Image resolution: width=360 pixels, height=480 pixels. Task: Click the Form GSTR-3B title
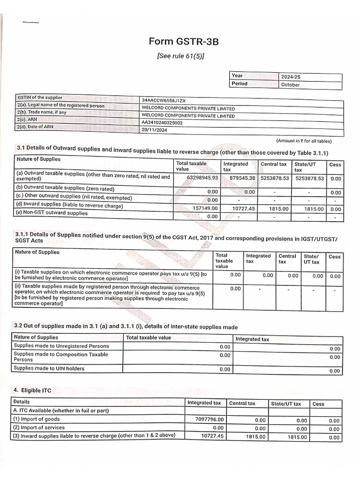point(183,42)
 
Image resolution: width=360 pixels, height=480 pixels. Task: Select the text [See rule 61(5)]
point(180,56)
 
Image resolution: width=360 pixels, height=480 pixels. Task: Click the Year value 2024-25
point(290,77)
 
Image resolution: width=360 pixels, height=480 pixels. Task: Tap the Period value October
point(290,85)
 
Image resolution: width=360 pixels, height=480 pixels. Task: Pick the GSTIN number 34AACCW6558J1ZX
point(164,100)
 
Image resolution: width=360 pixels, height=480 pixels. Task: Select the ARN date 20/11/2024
point(154,130)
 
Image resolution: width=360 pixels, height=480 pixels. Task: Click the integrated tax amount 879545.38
point(239,178)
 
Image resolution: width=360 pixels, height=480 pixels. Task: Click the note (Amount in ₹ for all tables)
point(304,141)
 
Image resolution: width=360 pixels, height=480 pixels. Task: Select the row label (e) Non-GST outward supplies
point(52,213)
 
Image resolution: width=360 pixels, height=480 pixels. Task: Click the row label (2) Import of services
point(39,427)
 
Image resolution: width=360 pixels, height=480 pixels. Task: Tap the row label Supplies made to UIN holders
point(49,368)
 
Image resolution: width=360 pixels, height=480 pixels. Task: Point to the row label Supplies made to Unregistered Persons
point(61,346)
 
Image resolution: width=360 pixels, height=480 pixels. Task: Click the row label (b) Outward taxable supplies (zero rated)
point(65,188)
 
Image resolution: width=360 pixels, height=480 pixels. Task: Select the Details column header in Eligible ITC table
point(22,402)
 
